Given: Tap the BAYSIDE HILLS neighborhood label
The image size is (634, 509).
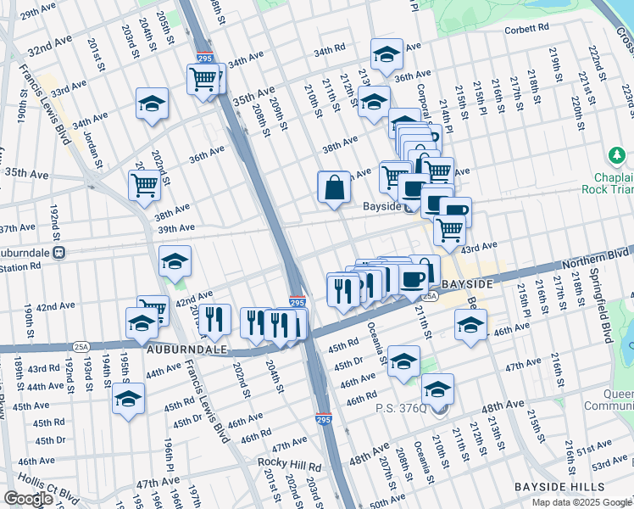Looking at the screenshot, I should [x=559, y=487].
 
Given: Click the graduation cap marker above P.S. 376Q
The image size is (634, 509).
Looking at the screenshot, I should [x=438, y=389].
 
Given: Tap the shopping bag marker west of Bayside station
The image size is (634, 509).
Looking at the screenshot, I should [x=334, y=187].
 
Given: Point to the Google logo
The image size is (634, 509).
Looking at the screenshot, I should [x=29, y=499].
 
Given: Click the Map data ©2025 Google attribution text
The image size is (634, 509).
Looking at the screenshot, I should [x=581, y=502].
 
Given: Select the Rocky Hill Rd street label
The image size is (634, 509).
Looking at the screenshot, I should [x=290, y=465].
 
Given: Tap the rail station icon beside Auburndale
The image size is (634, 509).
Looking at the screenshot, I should [x=59, y=252].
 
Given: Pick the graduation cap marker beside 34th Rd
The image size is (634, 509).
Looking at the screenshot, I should [x=387, y=54].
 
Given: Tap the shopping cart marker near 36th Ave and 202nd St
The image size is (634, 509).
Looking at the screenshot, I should [x=144, y=184].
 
